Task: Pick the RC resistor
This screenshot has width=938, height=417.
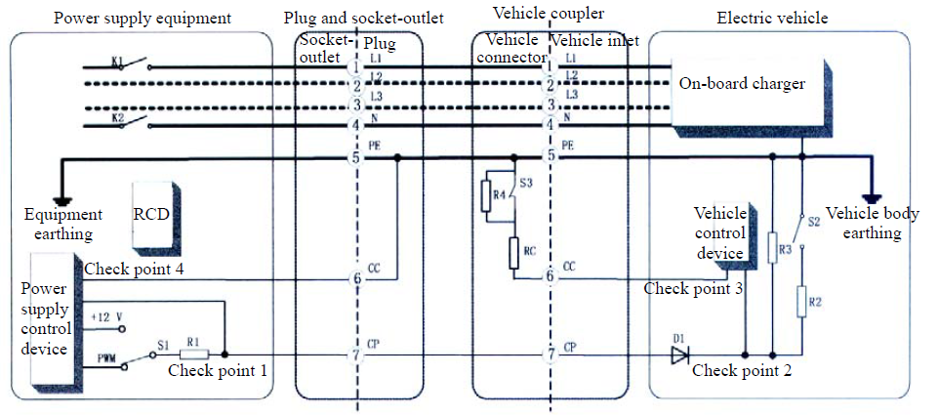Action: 514,251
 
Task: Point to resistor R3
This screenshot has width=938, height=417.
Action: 773,250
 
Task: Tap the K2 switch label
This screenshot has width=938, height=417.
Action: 116,118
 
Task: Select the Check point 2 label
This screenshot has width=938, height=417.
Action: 742,371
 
